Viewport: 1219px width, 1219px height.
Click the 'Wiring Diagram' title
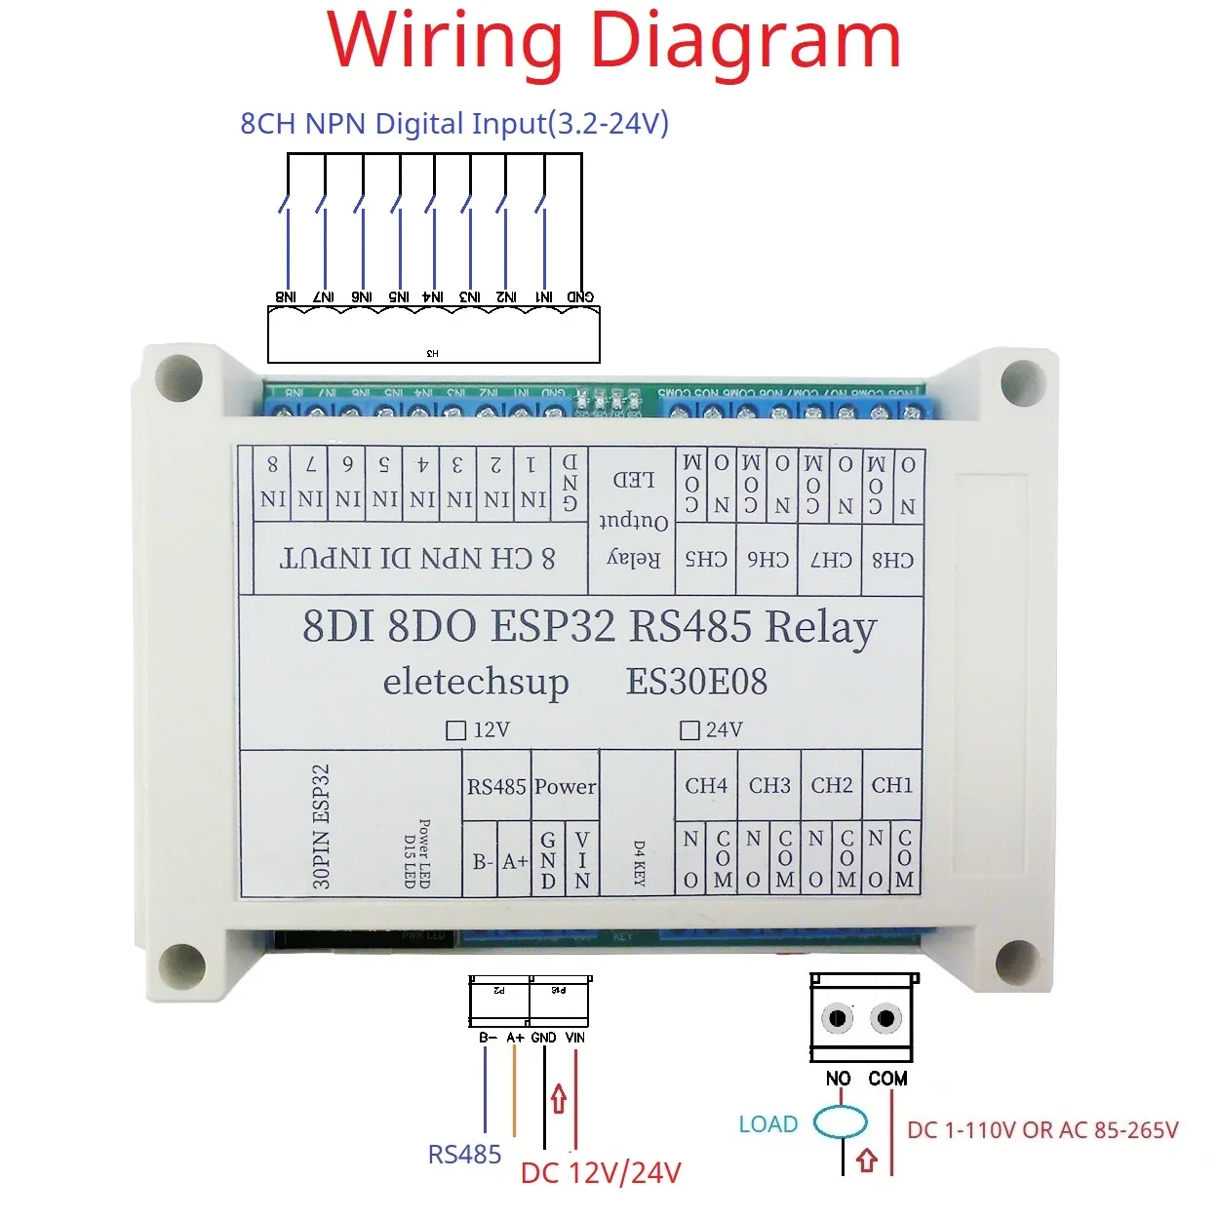coord(613,41)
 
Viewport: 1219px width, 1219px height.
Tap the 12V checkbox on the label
coord(455,730)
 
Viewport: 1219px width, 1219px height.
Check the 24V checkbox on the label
coord(689,730)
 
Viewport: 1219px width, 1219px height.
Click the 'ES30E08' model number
coord(696,682)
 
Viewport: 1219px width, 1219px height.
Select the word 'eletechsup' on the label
coord(476,682)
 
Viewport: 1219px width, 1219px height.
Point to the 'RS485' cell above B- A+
coord(496,786)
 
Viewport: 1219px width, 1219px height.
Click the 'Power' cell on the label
coord(566,786)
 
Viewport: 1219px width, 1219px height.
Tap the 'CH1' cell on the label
coord(892,785)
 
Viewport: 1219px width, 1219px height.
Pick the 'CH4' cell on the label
coord(706,785)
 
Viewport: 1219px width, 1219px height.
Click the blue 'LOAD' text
coord(768,1124)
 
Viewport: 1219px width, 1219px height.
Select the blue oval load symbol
coord(841,1122)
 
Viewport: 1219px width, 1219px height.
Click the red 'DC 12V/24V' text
coord(601,1172)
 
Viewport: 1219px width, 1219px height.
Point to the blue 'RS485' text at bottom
coord(464,1155)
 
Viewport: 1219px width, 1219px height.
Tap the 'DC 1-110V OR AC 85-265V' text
coord(1042,1130)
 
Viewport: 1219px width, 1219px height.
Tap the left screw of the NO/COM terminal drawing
coord(838,1019)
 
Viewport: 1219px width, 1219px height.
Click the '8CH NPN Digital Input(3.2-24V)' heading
coord(454,124)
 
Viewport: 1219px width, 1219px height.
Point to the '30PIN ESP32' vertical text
coord(322,826)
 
